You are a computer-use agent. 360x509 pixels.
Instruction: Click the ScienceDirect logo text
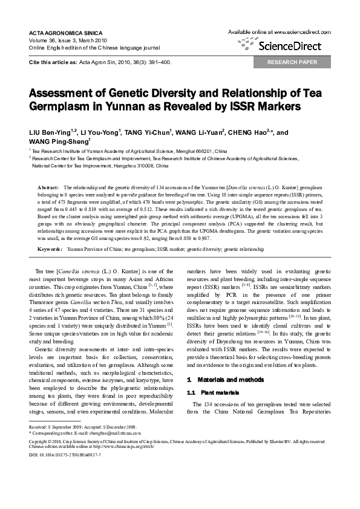coord(290,45)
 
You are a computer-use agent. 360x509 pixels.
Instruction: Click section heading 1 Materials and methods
coord(223,380)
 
